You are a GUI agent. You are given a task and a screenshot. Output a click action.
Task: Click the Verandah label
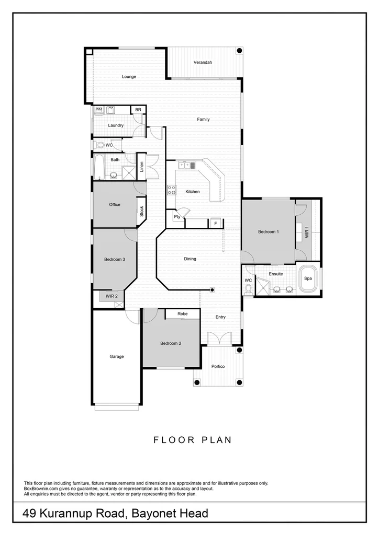click(203, 62)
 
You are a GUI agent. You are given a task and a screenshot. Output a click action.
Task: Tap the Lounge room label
click(129, 77)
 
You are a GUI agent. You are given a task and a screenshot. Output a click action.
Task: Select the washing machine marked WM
click(98, 110)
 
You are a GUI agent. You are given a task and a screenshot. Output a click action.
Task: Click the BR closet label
click(138, 110)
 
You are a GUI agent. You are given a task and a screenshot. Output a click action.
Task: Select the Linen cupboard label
click(141, 167)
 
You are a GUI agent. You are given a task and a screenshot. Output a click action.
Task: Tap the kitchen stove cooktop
click(171, 190)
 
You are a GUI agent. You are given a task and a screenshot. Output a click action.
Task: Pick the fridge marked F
click(214, 224)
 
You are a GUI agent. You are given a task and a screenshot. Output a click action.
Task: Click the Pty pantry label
click(177, 217)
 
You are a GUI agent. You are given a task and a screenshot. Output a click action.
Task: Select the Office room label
click(114, 204)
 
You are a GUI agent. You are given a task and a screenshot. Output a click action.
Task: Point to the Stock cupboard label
click(141, 211)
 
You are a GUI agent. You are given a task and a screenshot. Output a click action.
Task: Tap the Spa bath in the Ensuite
click(308, 279)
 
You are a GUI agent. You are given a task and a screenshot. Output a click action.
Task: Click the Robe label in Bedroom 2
click(182, 313)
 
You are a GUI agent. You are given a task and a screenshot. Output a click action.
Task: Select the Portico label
click(218, 366)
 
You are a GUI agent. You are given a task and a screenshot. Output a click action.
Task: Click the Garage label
click(116, 356)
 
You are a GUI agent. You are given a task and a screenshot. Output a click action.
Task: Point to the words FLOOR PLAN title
click(192, 440)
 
